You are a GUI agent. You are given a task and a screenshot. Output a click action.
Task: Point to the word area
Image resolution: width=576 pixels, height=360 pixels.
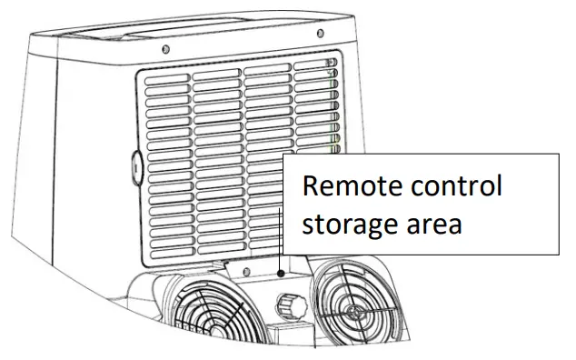click(x=436, y=224)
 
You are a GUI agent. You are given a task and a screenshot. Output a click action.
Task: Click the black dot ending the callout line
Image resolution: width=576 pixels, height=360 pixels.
click(x=282, y=271)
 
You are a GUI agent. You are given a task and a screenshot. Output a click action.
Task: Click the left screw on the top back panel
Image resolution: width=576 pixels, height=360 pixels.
click(x=164, y=48)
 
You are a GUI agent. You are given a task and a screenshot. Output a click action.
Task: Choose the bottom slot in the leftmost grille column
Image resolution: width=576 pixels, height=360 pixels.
click(x=169, y=246)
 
